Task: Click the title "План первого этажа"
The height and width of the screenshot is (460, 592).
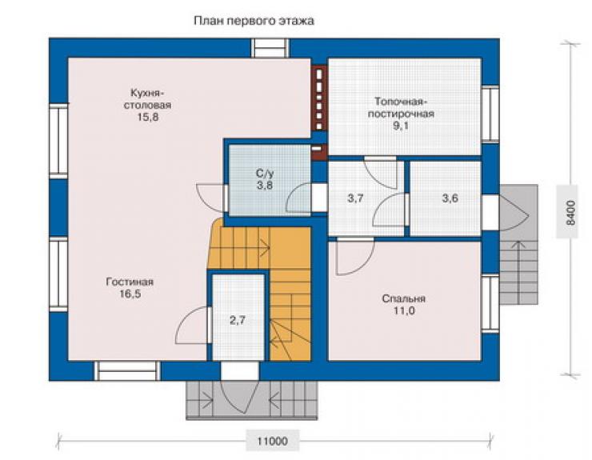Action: tap(254, 21)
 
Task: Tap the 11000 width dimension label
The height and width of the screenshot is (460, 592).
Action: tap(273, 441)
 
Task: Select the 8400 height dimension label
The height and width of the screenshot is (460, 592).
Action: tap(570, 213)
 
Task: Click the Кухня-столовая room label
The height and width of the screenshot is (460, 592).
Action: tap(148, 98)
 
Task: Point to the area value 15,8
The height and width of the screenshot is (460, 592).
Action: tap(148, 118)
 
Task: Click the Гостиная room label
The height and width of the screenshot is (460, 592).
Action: tap(130, 282)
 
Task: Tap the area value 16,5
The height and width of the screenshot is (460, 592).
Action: tap(130, 294)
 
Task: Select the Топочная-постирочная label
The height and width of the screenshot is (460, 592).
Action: tap(401, 108)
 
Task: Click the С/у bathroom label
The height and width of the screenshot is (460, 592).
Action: tap(265, 174)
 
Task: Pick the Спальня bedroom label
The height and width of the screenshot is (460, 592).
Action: tap(404, 298)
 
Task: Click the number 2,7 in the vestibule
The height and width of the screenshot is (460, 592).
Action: tap(238, 320)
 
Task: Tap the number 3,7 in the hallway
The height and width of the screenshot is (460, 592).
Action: tap(355, 198)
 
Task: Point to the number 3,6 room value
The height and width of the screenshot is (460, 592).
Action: tap(450, 198)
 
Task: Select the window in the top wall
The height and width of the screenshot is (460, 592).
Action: tap(270, 48)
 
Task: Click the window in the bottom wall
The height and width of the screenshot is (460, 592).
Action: tap(127, 371)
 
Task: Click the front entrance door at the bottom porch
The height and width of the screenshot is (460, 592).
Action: tap(240, 397)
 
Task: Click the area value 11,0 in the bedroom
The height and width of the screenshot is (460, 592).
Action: tap(404, 311)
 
